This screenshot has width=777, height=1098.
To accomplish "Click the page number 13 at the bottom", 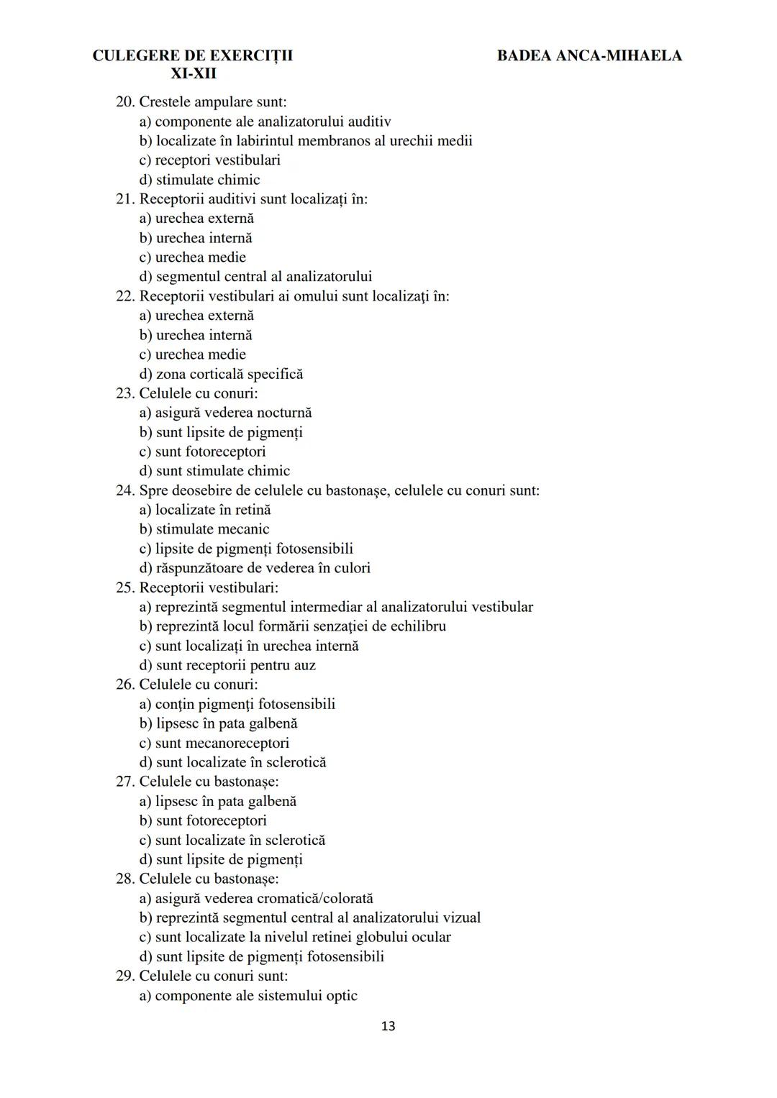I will [388, 1026].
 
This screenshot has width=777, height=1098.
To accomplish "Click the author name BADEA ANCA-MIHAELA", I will [589, 55].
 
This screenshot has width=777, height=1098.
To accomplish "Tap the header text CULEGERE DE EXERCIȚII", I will [193, 55].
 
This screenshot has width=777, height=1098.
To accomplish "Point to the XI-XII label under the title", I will [193, 73].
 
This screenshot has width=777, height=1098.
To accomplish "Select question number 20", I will [124, 102].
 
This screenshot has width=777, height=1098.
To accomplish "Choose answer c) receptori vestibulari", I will [209, 160].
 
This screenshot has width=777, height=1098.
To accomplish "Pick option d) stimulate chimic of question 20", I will [199, 180].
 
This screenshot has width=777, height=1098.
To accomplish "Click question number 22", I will [124, 296].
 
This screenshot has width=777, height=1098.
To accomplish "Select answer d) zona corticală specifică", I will [221, 374].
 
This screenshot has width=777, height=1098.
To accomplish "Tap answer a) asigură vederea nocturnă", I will [225, 413].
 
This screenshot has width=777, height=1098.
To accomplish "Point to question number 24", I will [124, 490].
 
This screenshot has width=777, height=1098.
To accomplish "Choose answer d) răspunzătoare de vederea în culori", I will [255, 568].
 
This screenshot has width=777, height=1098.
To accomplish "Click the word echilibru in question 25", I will [417, 626].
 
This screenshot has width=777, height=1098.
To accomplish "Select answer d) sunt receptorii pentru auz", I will [227, 665].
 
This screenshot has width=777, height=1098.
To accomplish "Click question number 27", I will [124, 782].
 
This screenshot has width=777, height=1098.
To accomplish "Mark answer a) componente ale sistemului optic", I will [248, 996].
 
